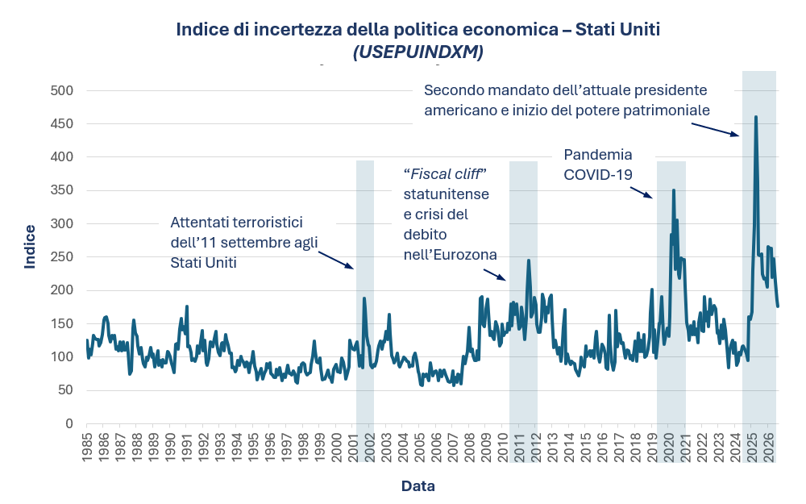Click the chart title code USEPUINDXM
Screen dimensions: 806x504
(x=418, y=52)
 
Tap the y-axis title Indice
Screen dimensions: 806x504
(x=30, y=246)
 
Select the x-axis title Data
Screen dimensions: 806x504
(x=418, y=486)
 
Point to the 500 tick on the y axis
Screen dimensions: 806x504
(x=62, y=90)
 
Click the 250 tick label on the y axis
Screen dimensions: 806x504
(x=62, y=256)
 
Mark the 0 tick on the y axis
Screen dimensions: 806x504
(x=69, y=423)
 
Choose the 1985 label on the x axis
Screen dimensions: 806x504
(x=87, y=447)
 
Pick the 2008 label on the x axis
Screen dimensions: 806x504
(x=468, y=447)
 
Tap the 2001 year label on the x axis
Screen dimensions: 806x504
(x=353, y=447)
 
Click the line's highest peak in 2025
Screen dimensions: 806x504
(x=756, y=117)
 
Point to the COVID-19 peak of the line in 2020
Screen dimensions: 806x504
(x=673, y=190)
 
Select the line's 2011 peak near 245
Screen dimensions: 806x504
(x=528, y=260)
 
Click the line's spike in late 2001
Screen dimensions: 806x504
(x=364, y=298)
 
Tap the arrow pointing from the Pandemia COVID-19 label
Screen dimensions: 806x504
(x=642, y=193)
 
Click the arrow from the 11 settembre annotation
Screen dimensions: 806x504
(x=336, y=260)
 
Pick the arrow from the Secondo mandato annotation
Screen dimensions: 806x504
(x=715, y=129)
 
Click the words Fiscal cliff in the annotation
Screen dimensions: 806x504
(x=445, y=174)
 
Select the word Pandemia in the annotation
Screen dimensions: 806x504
(x=598, y=155)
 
